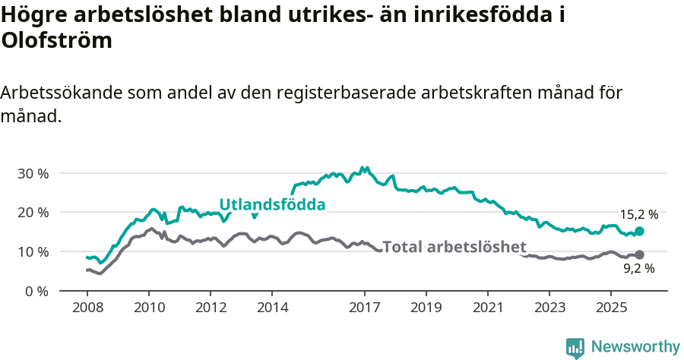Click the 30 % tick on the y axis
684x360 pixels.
[33, 173]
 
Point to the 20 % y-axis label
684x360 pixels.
[33, 213]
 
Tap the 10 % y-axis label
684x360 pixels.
[33, 251]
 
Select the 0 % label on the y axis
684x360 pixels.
[36, 291]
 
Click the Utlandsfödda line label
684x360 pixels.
[272, 204]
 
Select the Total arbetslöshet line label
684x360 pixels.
[454, 247]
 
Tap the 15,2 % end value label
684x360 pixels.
[639, 215]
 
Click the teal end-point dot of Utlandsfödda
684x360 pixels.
[639, 231]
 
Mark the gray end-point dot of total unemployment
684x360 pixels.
[639, 255]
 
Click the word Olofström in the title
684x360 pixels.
[57, 40]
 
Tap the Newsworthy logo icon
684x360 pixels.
[575, 347]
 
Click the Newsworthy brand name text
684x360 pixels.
[635, 346]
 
